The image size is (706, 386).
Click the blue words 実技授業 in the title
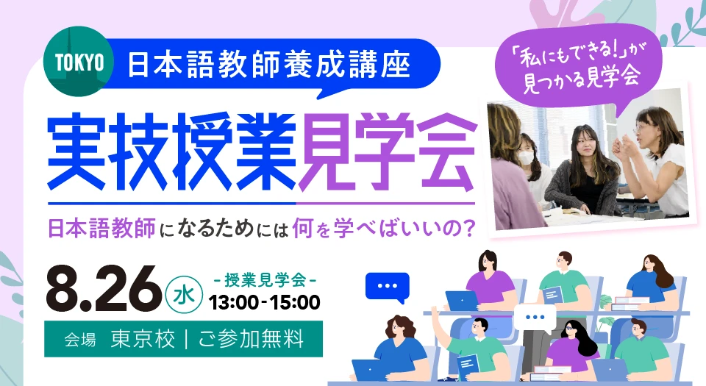point(171,152)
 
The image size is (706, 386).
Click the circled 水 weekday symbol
point(184,295)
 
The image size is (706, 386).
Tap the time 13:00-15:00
point(264,303)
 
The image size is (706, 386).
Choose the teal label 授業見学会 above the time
point(265,280)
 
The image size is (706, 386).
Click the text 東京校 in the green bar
point(142,339)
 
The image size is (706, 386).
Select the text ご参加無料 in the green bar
point(251,339)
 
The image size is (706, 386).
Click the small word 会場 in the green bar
point(80,340)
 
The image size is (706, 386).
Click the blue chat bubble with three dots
point(388,287)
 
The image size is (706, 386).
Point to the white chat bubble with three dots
point(535,318)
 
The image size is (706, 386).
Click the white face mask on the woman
point(526,157)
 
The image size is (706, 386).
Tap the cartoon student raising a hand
point(468,346)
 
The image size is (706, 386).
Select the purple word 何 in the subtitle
point(302,228)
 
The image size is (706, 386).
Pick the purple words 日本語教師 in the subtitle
point(101,228)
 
